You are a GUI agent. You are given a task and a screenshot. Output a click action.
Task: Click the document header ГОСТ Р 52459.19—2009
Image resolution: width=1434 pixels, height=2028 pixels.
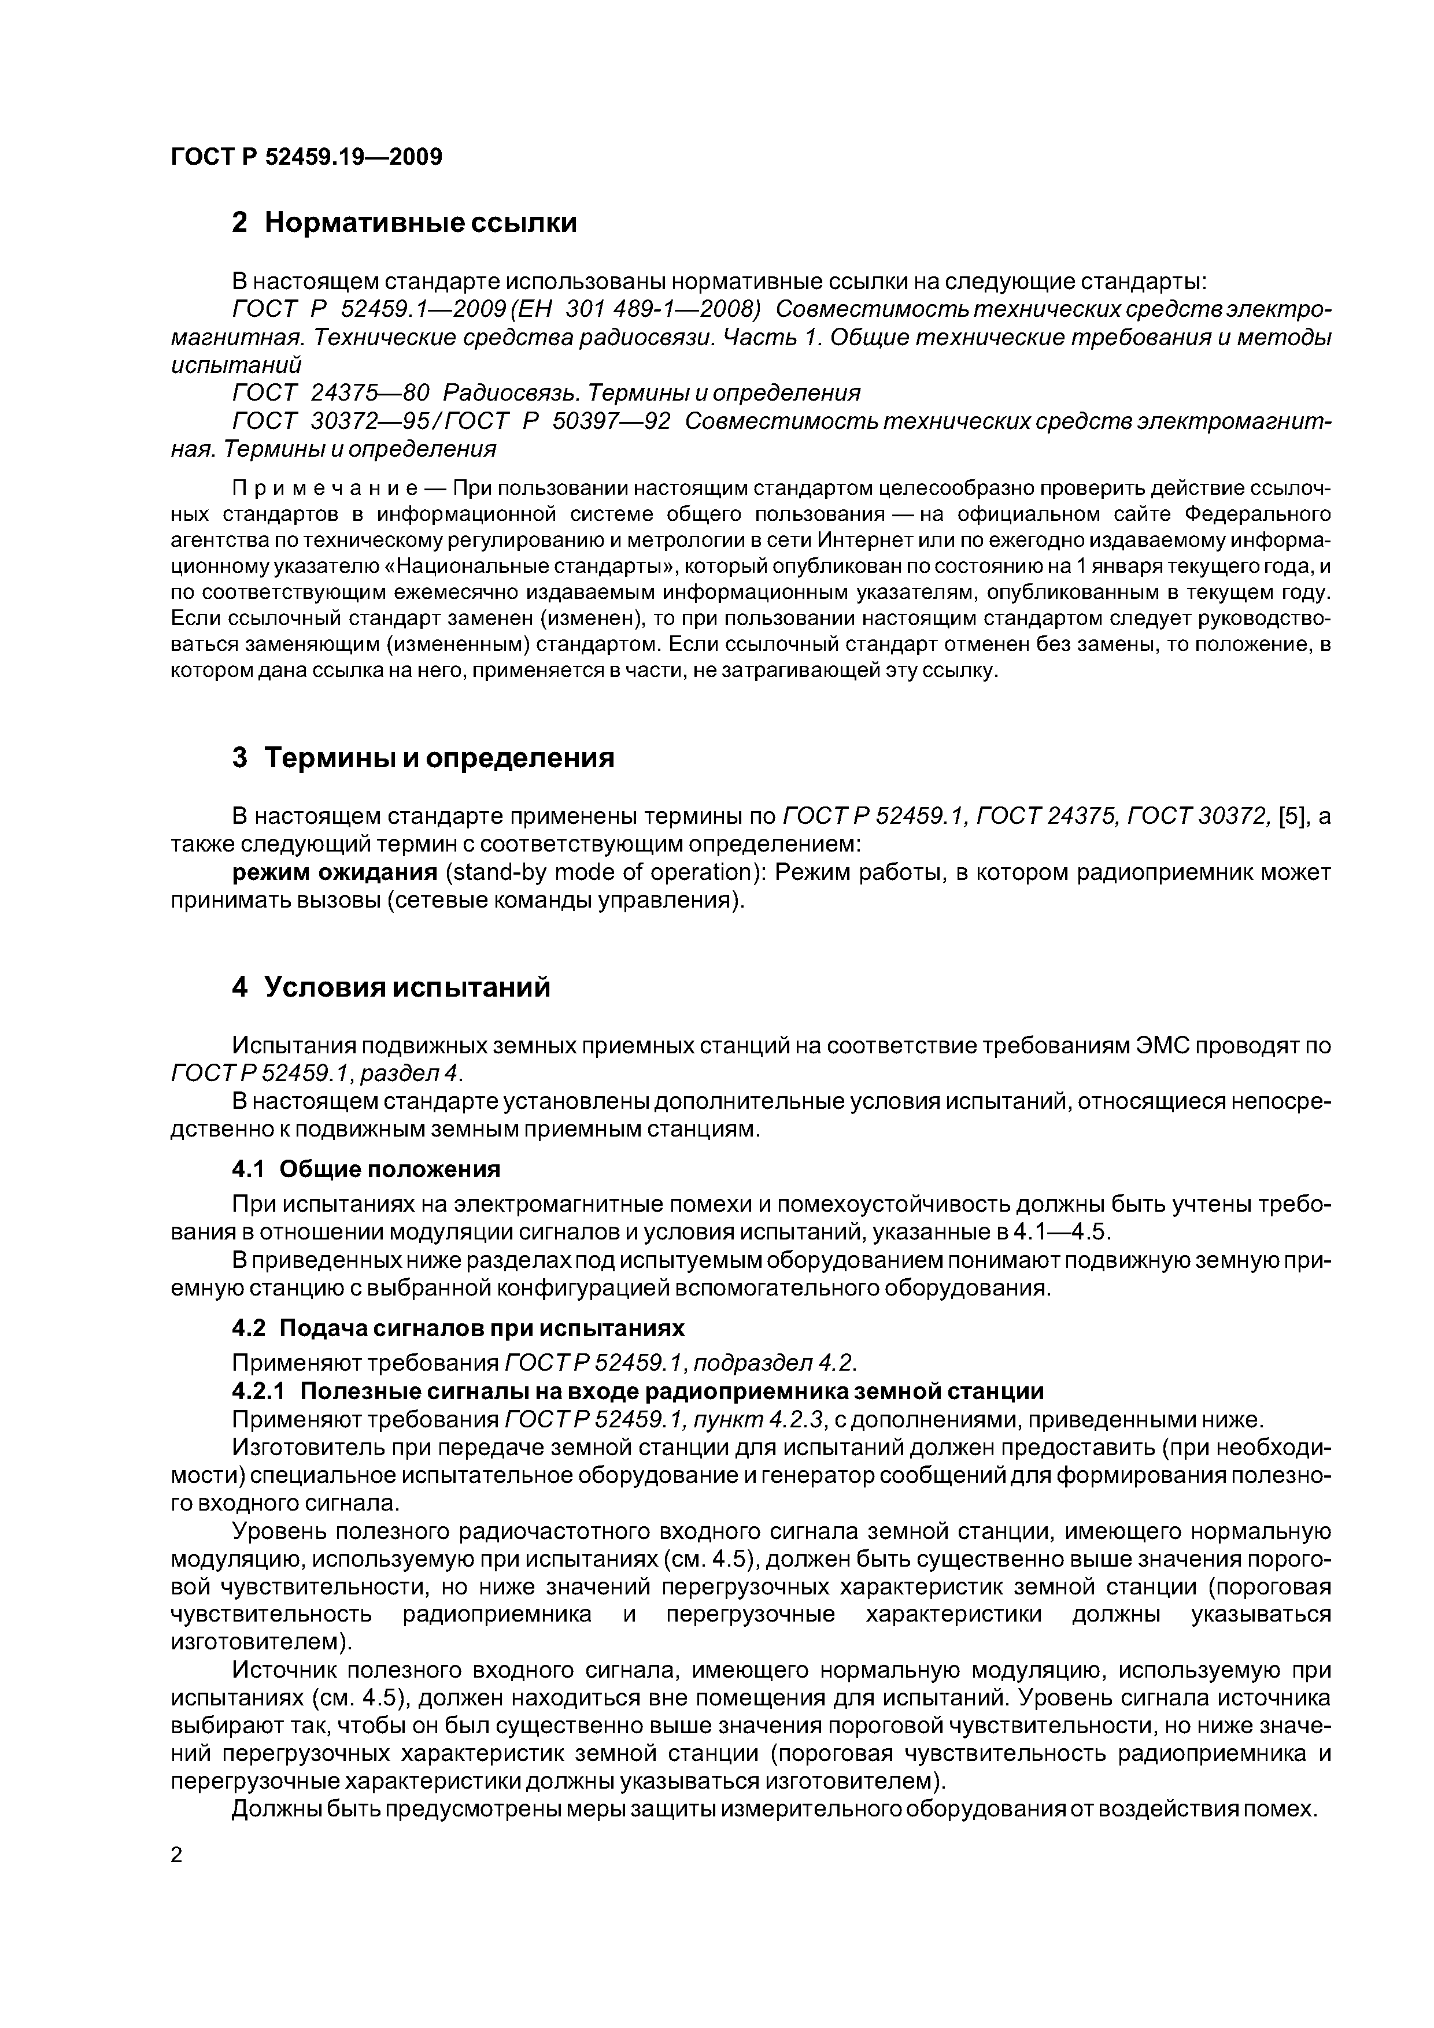click(306, 157)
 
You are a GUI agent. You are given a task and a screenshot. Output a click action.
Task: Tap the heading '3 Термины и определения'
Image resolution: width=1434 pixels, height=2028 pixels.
click(422, 758)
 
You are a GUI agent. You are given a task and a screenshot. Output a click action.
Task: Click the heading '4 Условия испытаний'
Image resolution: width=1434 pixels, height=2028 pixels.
click(390, 987)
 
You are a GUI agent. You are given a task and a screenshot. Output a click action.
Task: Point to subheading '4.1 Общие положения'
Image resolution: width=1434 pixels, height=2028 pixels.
click(365, 1170)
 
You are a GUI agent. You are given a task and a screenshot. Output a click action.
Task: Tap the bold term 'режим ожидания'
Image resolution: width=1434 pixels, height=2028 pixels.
click(335, 873)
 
